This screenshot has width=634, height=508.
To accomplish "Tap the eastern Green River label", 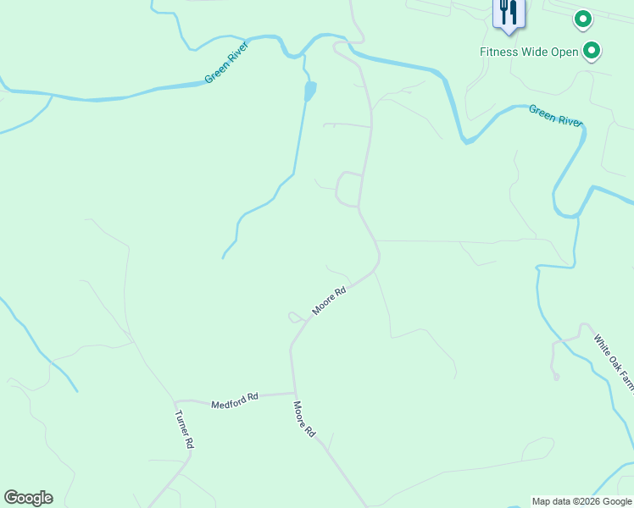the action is tap(555, 114).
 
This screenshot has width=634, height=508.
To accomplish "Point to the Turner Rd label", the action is tap(185, 429).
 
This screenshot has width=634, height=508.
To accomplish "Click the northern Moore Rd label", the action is tap(330, 301).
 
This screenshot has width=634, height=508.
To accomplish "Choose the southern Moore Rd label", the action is tap(305, 419).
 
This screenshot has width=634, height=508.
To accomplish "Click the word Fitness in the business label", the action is tap(499, 52).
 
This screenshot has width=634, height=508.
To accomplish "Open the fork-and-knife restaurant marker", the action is tap(509, 13).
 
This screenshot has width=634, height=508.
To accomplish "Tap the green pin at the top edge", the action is tap(582, 18).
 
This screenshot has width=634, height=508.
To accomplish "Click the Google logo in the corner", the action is tap(28, 498).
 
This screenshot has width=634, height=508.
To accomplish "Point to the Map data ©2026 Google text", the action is tap(581, 501).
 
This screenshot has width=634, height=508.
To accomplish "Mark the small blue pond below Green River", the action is tap(310, 90).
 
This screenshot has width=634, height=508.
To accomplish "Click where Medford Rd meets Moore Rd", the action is tap(295, 394).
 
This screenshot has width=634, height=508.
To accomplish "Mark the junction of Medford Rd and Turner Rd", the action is tap(175, 401).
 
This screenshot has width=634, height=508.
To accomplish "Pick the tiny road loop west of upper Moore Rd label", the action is tap(294, 317).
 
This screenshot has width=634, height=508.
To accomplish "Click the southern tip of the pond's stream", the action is tap(223, 257).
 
